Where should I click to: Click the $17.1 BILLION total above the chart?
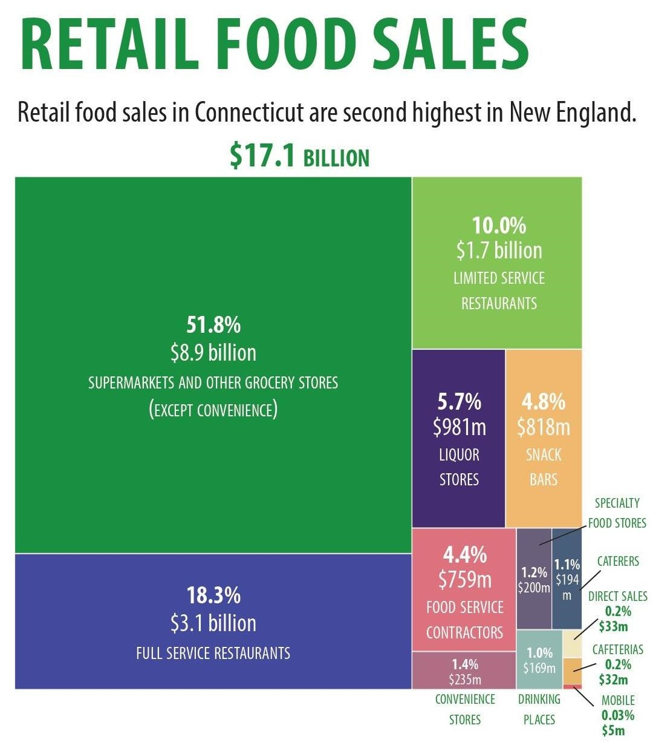point(299,156)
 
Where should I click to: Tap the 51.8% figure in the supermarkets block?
point(213,326)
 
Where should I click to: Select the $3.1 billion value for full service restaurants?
point(213,623)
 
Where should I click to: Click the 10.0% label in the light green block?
point(499,226)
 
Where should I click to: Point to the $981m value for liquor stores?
point(459,428)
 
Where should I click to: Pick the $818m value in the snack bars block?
point(543,428)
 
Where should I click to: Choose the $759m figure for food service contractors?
point(464,580)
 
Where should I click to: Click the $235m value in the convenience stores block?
point(464,680)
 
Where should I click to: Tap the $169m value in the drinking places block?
point(539,668)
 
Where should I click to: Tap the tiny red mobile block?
point(572,686)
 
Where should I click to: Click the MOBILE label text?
point(618,701)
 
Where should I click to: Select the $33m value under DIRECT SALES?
point(613,626)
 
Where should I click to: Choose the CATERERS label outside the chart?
point(618,561)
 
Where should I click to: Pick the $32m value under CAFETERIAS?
point(613,679)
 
